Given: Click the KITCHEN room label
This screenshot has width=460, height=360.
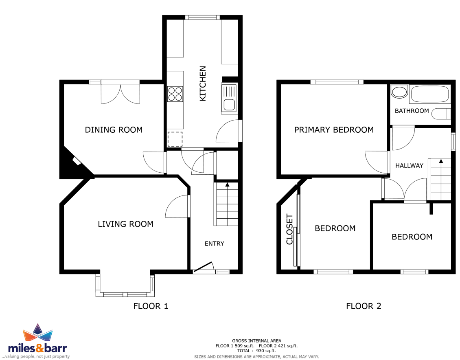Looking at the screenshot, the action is (x=203, y=83).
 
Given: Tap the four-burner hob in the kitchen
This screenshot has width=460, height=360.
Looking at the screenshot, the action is (x=175, y=94).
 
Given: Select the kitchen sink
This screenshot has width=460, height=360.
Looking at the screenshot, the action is (x=229, y=98).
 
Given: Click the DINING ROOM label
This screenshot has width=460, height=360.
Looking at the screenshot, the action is (x=114, y=130).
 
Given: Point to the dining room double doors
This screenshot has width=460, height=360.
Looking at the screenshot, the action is (x=120, y=93).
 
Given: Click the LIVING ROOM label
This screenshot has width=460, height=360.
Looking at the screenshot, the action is (x=125, y=224).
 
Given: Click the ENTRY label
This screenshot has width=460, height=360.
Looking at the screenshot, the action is (x=214, y=244).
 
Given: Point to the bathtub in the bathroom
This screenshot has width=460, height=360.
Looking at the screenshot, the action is (x=430, y=94).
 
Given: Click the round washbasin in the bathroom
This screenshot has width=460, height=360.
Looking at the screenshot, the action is (x=399, y=92).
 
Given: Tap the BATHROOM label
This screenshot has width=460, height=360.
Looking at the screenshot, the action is (x=412, y=111).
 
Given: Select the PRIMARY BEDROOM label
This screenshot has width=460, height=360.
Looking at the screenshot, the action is (x=334, y=130).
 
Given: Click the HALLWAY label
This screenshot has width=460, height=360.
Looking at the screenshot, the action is (x=409, y=166).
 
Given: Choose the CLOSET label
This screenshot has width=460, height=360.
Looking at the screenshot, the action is (x=289, y=229).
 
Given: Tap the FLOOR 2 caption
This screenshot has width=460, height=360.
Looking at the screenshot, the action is (x=364, y=306).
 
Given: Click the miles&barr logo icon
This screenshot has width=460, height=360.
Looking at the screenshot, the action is (x=37, y=333).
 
